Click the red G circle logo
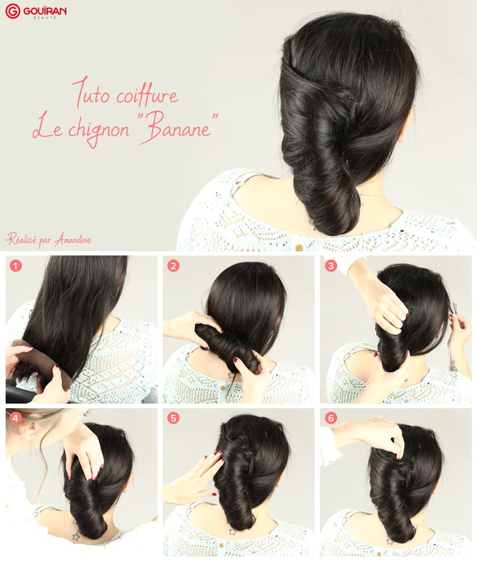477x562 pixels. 13,11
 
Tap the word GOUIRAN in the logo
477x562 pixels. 45,11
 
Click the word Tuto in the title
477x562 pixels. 91,93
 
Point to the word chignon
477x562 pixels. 98,130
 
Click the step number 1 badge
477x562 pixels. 15,266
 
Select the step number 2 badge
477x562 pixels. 173,266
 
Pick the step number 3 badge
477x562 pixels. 331,266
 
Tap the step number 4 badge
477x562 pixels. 15,418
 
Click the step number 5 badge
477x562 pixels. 173,418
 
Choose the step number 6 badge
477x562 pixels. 331,418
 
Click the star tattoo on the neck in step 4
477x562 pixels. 76,536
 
